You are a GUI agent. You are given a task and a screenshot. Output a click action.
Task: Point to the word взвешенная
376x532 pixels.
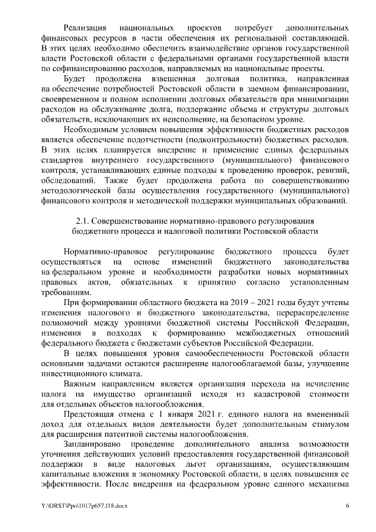[x=157, y=78]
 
